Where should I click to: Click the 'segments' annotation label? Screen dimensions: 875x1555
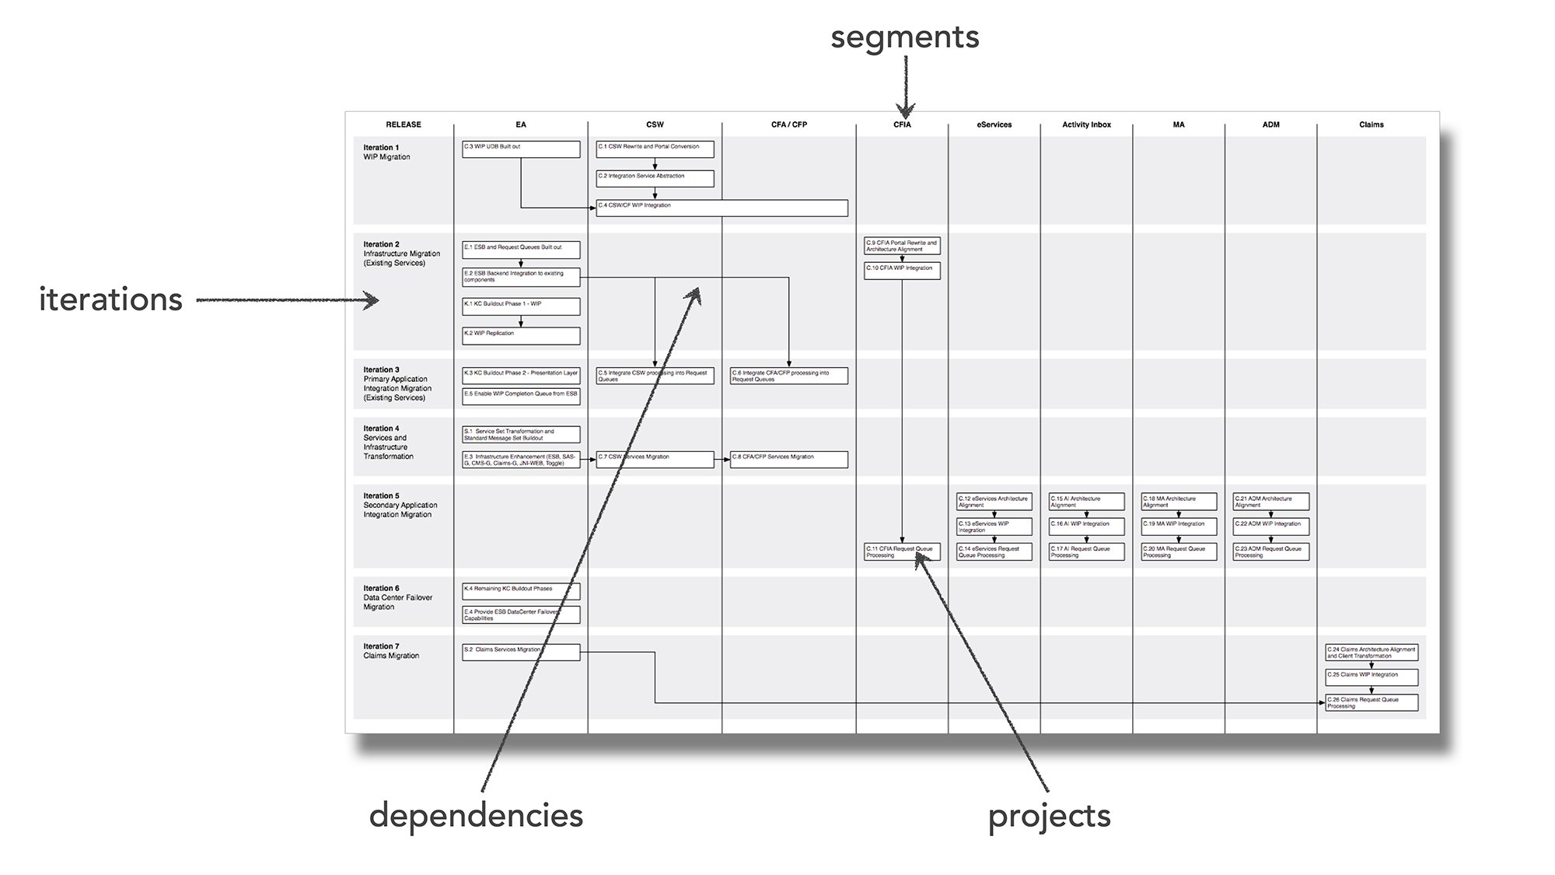904,37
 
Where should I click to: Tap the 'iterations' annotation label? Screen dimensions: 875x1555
110,300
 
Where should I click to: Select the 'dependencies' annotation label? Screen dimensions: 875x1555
476,816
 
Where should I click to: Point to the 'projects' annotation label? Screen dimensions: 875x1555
1049,816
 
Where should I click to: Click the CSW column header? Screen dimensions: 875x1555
655,124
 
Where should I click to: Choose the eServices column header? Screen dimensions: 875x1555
994,124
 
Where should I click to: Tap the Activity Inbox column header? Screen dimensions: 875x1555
1086,124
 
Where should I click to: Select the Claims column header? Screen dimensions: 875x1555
1371,124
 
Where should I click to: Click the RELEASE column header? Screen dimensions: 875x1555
404,124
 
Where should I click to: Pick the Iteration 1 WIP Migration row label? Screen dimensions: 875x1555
387,152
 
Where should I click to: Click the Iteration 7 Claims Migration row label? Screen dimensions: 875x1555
391,651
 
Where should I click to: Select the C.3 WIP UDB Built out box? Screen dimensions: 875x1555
521,149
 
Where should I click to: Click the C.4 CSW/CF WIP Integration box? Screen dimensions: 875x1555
722,208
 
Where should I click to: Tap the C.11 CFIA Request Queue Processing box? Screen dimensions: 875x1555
902,551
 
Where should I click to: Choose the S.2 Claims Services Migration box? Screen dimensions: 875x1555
521,652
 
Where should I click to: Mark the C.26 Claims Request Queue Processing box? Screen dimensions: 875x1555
1372,702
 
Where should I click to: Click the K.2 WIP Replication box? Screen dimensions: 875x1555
521,335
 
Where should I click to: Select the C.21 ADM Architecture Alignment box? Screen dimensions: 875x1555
1270,502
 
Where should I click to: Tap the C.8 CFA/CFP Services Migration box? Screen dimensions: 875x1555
788,460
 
